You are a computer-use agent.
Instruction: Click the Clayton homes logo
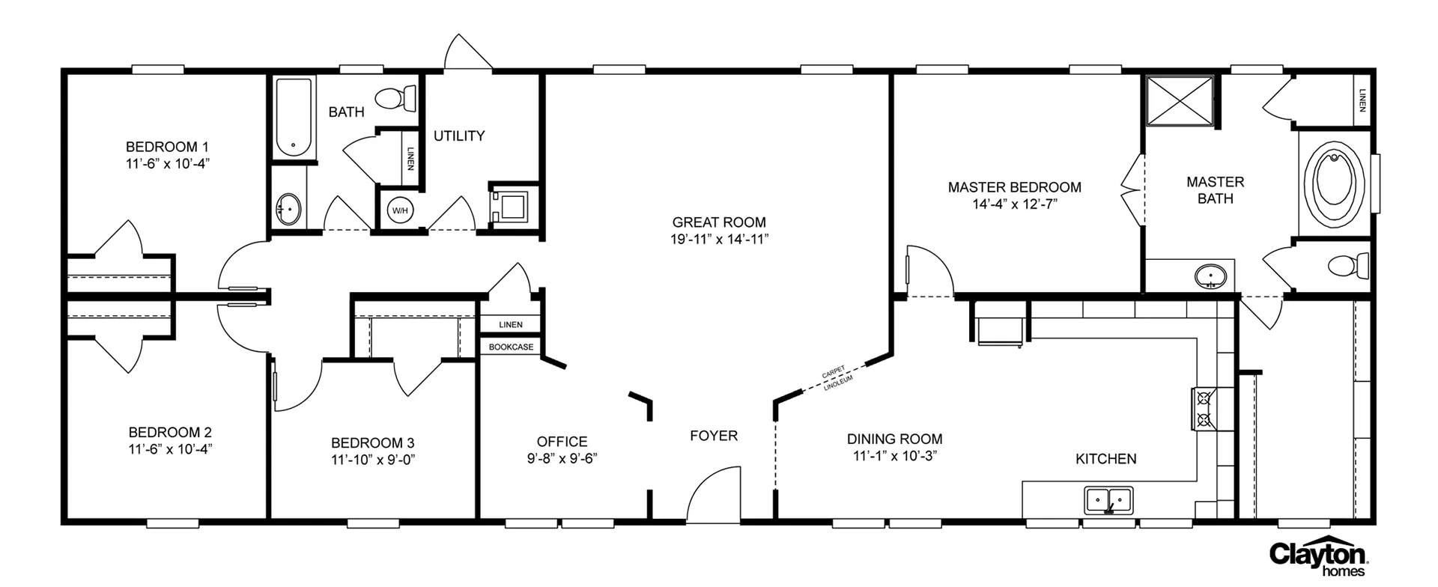[1319, 557]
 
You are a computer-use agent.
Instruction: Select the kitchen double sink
[1108, 499]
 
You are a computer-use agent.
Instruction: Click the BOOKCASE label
[511, 347]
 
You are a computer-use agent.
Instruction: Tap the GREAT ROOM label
[719, 222]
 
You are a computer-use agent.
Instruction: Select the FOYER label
[714, 436]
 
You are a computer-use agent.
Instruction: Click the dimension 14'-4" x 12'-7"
[1014, 204]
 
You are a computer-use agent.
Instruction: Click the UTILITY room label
[459, 136]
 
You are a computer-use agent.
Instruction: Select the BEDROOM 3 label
[372, 442]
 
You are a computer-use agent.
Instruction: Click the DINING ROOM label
[894, 440]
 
